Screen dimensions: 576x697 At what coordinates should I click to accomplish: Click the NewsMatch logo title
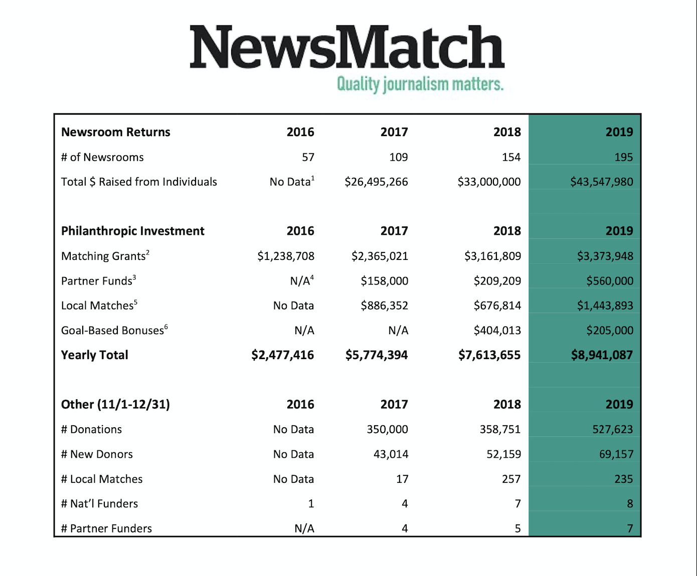click(347, 47)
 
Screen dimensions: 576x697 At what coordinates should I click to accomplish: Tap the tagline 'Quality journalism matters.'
click(420, 84)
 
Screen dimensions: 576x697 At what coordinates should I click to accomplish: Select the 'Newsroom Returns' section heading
click(116, 132)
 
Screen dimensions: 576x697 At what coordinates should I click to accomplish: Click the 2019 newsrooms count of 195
click(623, 157)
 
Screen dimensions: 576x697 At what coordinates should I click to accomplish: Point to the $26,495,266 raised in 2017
click(376, 182)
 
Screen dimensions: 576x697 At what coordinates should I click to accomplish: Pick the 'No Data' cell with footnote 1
click(292, 182)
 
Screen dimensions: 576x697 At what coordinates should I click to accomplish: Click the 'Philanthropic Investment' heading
click(133, 231)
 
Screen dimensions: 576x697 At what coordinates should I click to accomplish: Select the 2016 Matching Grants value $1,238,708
click(286, 256)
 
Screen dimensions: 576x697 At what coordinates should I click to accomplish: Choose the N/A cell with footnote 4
click(302, 280)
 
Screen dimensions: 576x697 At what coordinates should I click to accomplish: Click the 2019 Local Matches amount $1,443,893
click(605, 306)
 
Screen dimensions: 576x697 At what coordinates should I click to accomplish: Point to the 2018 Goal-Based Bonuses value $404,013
click(497, 331)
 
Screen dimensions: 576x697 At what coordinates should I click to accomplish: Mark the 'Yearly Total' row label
click(95, 355)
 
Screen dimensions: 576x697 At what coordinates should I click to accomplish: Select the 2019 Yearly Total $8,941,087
click(602, 355)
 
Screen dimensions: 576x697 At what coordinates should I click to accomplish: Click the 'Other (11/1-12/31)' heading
click(115, 404)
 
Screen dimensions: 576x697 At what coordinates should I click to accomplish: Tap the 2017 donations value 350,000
click(387, 429)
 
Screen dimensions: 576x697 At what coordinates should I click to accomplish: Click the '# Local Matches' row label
click(102, 479)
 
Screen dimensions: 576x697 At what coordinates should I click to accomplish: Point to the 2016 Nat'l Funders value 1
click(311, 504)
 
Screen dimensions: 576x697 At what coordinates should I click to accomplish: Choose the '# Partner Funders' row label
click(106, 528)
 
